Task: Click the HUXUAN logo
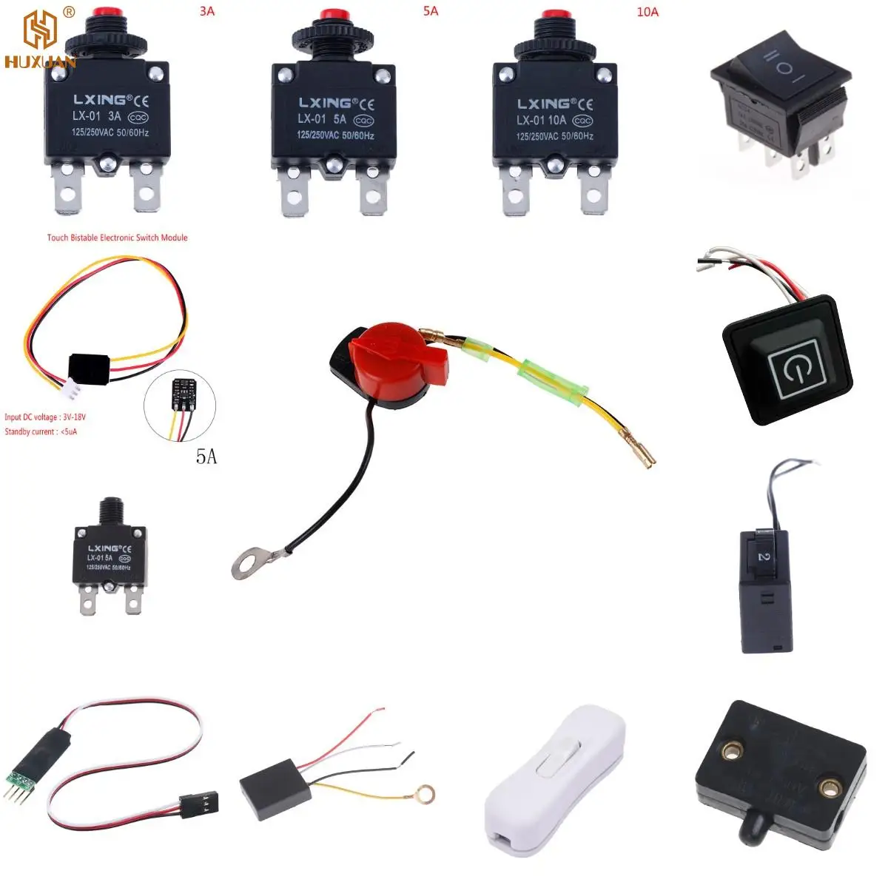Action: (x=40, y=41)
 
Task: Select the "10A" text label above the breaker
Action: (x=647, y=12)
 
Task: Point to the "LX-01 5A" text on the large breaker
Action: (x=322, y=119)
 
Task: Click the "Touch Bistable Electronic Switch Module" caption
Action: (x=117, y=238)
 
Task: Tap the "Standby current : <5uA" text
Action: (x=41, y=431)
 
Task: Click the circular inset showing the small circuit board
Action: (x=181, y=405)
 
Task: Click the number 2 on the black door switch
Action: (x=764, y=556)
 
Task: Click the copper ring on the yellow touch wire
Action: (x=425, y=793)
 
